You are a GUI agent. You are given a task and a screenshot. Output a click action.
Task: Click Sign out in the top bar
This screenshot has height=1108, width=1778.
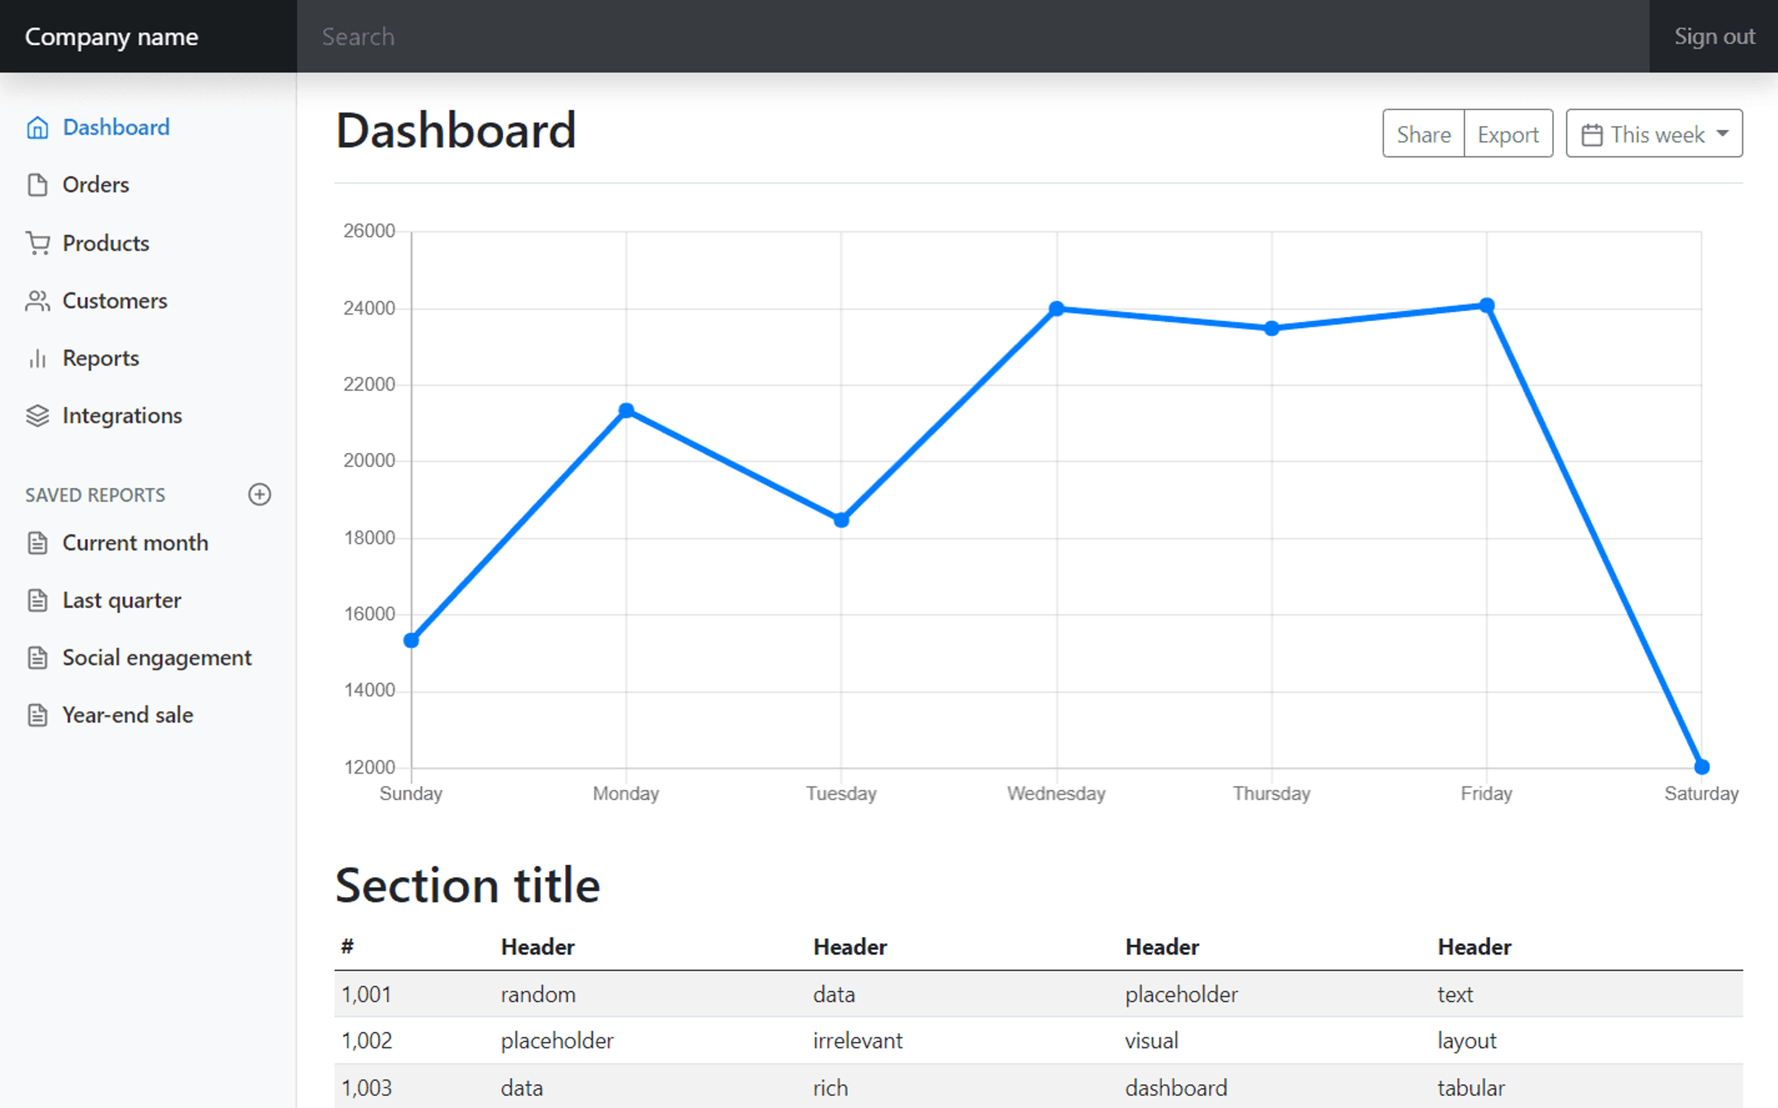[x=1714, y=36]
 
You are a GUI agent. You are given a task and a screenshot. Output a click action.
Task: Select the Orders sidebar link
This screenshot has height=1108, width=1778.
[x=95, y=185]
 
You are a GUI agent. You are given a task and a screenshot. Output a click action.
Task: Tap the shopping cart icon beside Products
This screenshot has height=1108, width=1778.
[x=38, y=243]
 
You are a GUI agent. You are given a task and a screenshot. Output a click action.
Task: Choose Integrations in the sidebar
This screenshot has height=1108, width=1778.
[x=122, y=415]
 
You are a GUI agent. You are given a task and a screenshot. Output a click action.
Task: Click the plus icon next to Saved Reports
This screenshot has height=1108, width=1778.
[x=259, y=495]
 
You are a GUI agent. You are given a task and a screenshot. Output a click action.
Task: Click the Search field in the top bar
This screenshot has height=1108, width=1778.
[x=973, y=36]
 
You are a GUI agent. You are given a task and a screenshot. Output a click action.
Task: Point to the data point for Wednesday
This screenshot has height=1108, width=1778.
[x=1057, y=308]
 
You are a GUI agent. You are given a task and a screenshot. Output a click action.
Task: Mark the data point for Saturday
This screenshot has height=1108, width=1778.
[x=1702, y=766]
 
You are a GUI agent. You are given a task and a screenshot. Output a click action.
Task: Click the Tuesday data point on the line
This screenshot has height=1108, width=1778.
[x=841, y=520]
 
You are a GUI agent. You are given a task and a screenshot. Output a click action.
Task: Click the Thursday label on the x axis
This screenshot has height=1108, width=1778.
[x=1271, y=794]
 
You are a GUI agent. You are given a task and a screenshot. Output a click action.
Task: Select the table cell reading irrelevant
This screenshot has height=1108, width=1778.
[x=857, y=1040]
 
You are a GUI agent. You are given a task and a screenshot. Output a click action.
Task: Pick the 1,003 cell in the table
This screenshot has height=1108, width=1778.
[x=366, y=1088]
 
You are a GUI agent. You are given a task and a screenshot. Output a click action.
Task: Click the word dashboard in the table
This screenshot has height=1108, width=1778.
[x=1176, y=1088]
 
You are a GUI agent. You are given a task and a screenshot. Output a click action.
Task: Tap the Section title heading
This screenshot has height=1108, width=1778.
[x=467, y=885]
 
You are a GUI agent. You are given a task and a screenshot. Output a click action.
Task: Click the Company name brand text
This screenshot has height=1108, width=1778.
[x=111, y=37]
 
